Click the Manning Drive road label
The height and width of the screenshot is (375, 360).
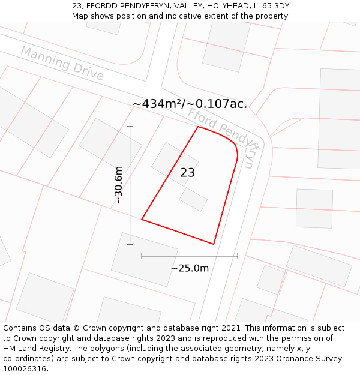(x=62, y=63)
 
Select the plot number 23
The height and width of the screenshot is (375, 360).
(x=187, y=173)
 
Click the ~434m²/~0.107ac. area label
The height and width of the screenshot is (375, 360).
(x=190, y=104)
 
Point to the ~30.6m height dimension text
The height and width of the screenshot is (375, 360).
(x=119, y=185)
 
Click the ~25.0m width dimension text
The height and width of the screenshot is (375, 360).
(x=190, y=268)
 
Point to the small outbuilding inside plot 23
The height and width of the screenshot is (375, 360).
(x=193, y=199)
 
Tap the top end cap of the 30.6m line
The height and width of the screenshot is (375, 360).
(x=130, y=127)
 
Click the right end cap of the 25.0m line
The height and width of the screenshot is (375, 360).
(x=238, y=256)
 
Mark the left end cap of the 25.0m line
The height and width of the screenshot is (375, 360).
(x=142, y=256)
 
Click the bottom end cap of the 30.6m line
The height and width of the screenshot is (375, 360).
(x=130, y=244)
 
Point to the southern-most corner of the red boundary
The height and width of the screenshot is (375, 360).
(x=214, y=244)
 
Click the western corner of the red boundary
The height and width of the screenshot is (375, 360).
(x=142, y=220)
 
